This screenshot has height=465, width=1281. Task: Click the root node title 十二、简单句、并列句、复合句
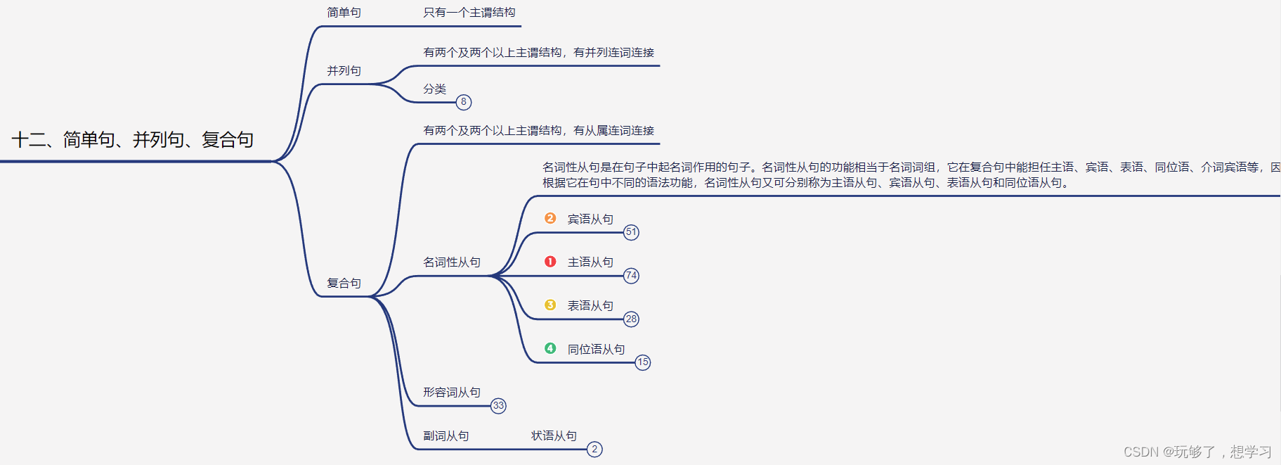(x=133, y=140)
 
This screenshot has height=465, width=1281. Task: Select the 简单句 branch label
(x=344, y=13)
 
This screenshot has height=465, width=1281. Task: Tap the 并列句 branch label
(x=344, y=71)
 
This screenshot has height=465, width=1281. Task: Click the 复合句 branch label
(x=344, y=284)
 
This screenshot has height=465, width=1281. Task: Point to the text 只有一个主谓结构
(x=469, y=13)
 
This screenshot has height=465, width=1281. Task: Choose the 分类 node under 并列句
(x=434, y=89)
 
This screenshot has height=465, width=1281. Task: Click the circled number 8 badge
(x=464, y=102)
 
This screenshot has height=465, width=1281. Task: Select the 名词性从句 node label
(x=451, y=262)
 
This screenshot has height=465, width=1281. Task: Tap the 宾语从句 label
(x=590, y=219)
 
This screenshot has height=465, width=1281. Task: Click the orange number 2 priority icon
(x=550, y=219)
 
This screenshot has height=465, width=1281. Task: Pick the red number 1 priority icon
(x=550, y=262)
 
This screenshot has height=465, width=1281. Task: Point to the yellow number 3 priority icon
(x=550, y=305)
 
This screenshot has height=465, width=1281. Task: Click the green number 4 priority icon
(x=550, y=348)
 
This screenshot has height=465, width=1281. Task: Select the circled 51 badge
(x=631, y=232)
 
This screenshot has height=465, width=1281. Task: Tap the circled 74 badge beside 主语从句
(x=631, y=276)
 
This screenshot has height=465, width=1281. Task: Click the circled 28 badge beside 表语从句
(x=631, y=319)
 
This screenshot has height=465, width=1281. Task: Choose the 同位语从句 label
(x=596, y=350)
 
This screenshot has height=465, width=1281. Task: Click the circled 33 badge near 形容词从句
(x=498, y=406)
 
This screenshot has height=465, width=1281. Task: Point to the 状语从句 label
(x=554, y=436)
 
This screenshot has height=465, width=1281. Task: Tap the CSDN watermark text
(x=1197, y=452)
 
